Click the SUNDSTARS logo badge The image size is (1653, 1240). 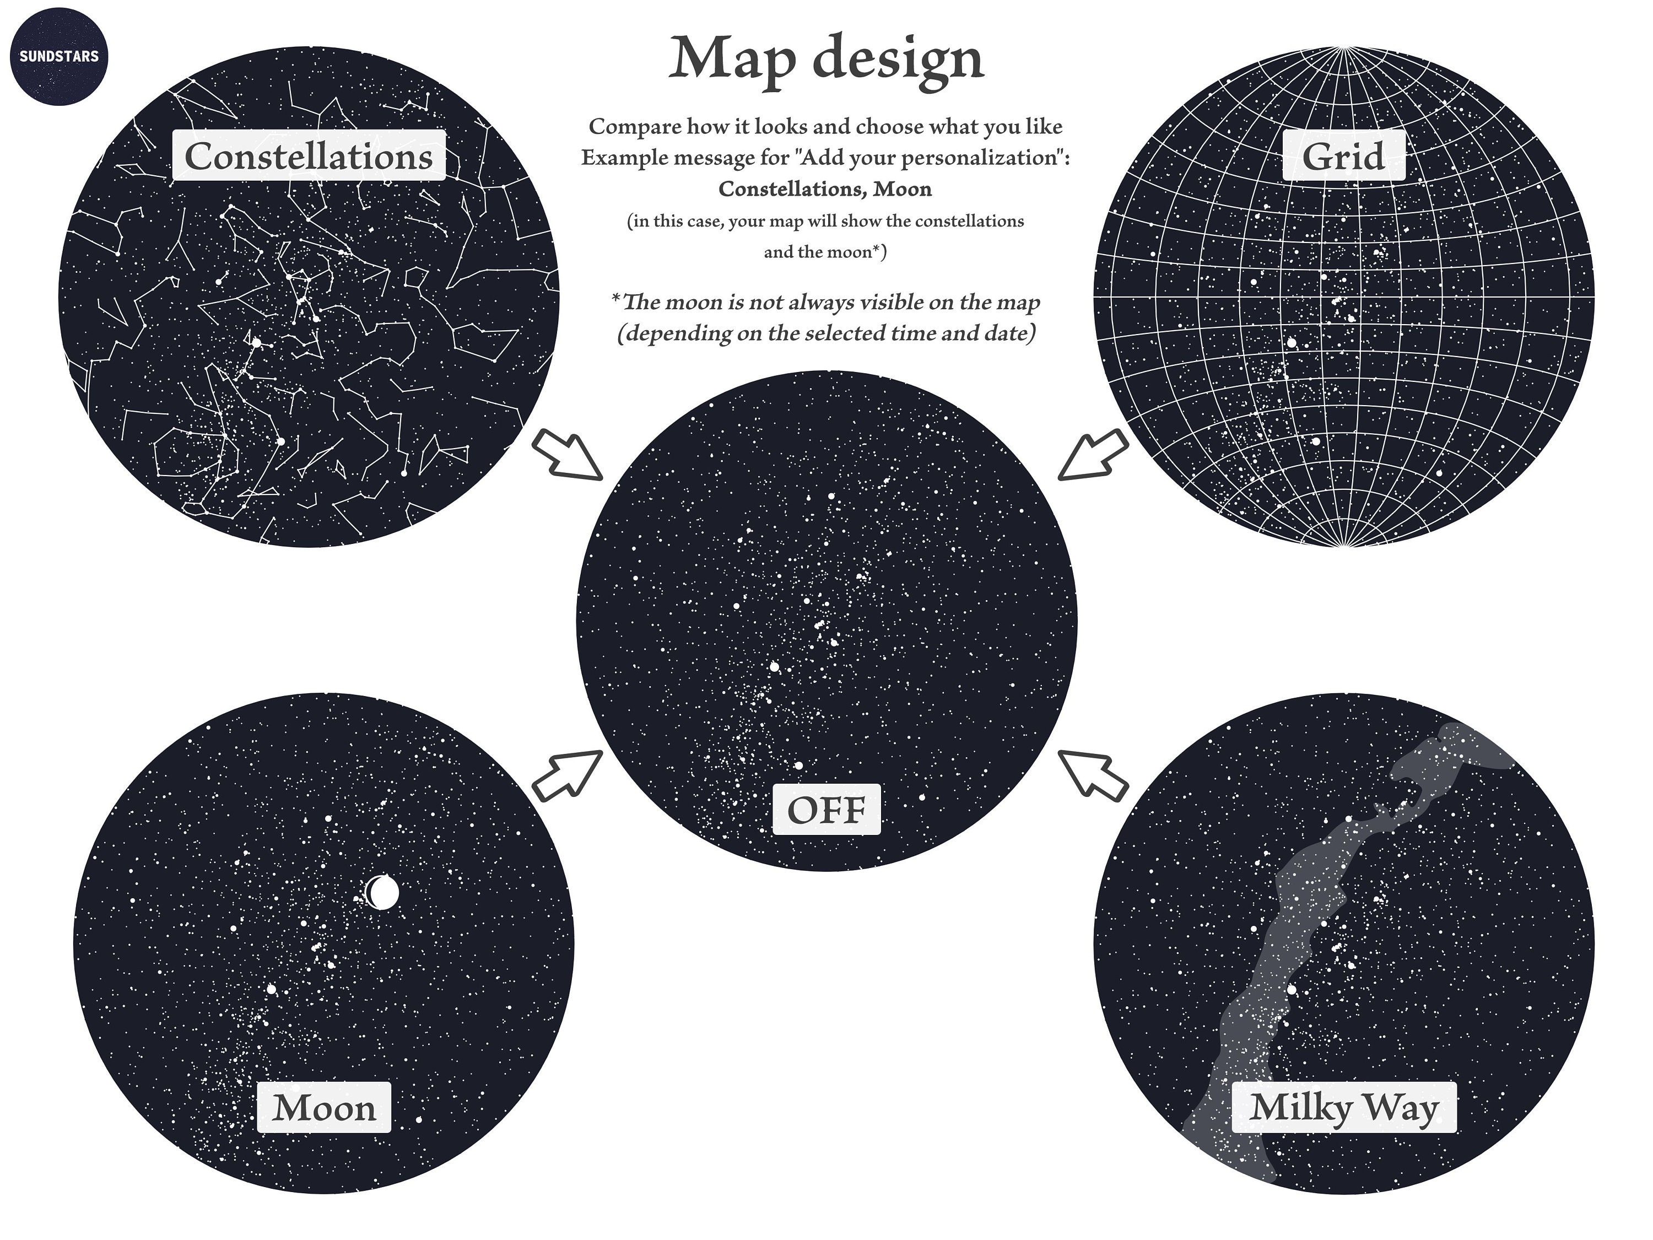(x=59, y=56)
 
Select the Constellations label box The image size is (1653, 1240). (x=309, y=155)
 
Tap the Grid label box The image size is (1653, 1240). (x=1343, y=155)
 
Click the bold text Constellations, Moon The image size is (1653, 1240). (x=825, y=189)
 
